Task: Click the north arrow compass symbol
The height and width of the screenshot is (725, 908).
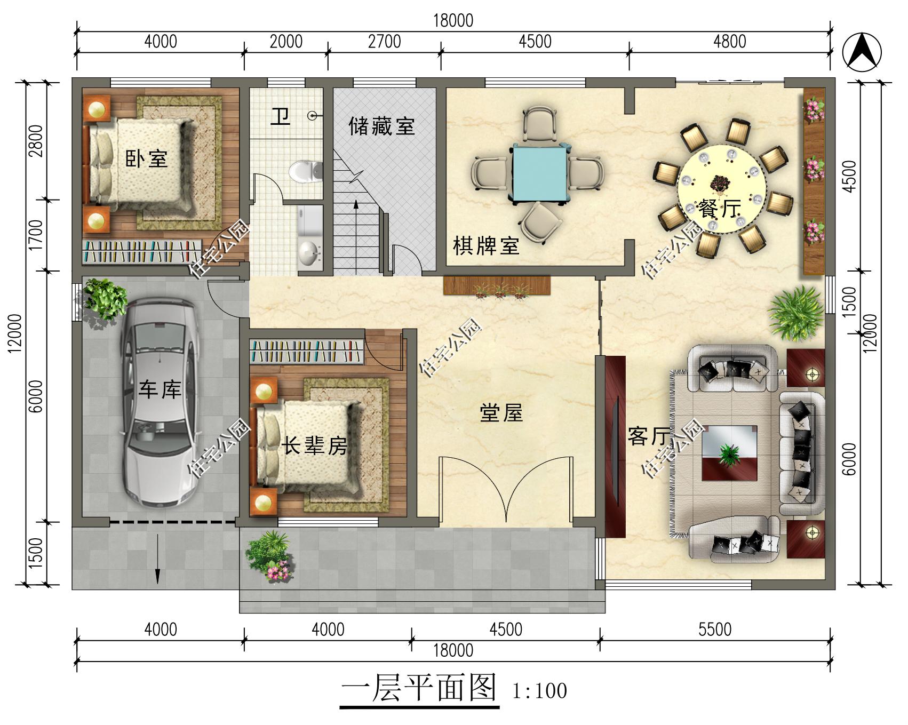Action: tap(862, 51)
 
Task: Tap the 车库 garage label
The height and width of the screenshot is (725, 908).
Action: tap(160, 389)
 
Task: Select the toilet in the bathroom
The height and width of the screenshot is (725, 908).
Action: tap(306, 171)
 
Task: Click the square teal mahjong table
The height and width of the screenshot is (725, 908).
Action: tap(540, 172)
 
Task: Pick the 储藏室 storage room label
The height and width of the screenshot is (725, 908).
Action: tap(382, 126)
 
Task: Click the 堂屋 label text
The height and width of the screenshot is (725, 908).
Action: tap(501, 413)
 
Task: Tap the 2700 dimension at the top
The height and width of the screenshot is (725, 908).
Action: tap(384, 42)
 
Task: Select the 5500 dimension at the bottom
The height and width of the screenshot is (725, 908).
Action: tap(715, 630)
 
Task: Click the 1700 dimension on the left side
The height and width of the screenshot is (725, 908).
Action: tap(36, 235)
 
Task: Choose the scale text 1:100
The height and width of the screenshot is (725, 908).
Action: tap(539, 691)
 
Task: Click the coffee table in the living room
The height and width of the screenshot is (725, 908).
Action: tap(729, 452)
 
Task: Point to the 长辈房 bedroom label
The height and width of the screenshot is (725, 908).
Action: tap(315, 445)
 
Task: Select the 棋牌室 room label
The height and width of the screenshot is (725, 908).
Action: tap(486, 246)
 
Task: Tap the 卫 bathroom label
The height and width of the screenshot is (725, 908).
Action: tap(280, 116)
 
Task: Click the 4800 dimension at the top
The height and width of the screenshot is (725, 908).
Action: tap(729, 42)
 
